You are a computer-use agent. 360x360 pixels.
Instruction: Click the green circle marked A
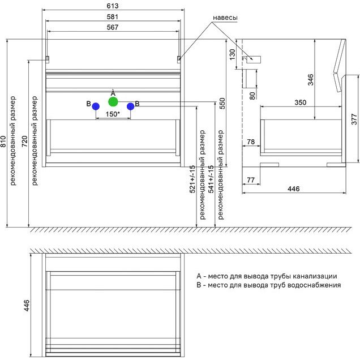coord(113,102)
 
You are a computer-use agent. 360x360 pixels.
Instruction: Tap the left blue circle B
coord(96,106)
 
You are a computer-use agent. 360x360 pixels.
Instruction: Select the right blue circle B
coord(130,106)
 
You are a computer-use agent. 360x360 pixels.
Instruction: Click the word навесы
coord(225,18)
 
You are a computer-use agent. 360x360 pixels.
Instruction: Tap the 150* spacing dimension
coord(113,114)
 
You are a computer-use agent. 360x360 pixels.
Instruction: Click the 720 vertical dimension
coord(24,142)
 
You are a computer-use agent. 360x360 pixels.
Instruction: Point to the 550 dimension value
coord(222,103)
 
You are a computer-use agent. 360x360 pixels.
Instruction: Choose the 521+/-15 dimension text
coord(192,179)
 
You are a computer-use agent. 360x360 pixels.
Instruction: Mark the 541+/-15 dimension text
coord(211,179)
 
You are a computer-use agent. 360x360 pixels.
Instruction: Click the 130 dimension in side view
coord(233,54)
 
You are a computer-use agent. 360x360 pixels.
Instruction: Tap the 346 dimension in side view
coord(310,79)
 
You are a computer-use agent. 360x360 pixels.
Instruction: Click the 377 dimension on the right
coord(354,119)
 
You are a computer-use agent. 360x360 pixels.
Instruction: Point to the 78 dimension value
coord(250,141)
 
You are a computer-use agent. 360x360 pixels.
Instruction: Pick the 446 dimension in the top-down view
coord(26,306)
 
